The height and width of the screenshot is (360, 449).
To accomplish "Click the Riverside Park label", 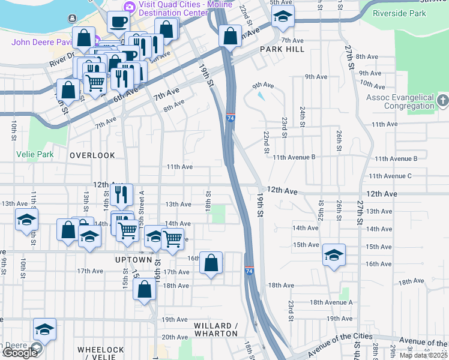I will [399, 13].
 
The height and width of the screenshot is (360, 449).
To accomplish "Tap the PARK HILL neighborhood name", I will [282, 49].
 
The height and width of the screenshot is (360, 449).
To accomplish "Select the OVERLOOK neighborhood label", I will [92, 155].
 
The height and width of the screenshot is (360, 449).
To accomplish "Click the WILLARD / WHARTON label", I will [216, 329].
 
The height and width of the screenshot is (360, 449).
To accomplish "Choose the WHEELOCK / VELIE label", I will [101, 353].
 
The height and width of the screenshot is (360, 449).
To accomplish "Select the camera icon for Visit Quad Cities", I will [128, 7].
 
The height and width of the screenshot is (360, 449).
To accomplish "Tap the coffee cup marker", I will [118, 21].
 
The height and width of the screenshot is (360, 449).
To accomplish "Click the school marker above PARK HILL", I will [282, 17].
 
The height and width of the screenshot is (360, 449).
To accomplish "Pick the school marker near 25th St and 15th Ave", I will [334, 254].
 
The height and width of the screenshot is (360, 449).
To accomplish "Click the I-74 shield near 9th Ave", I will [231, 117].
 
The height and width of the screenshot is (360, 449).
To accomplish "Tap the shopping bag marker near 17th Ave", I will [211, 262].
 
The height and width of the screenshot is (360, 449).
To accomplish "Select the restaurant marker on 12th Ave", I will [122, 194].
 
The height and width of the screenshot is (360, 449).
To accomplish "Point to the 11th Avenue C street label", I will [390, 176].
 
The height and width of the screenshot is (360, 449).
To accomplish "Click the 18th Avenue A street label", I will [331, 302].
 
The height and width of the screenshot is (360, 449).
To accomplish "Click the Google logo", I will [20, 352].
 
